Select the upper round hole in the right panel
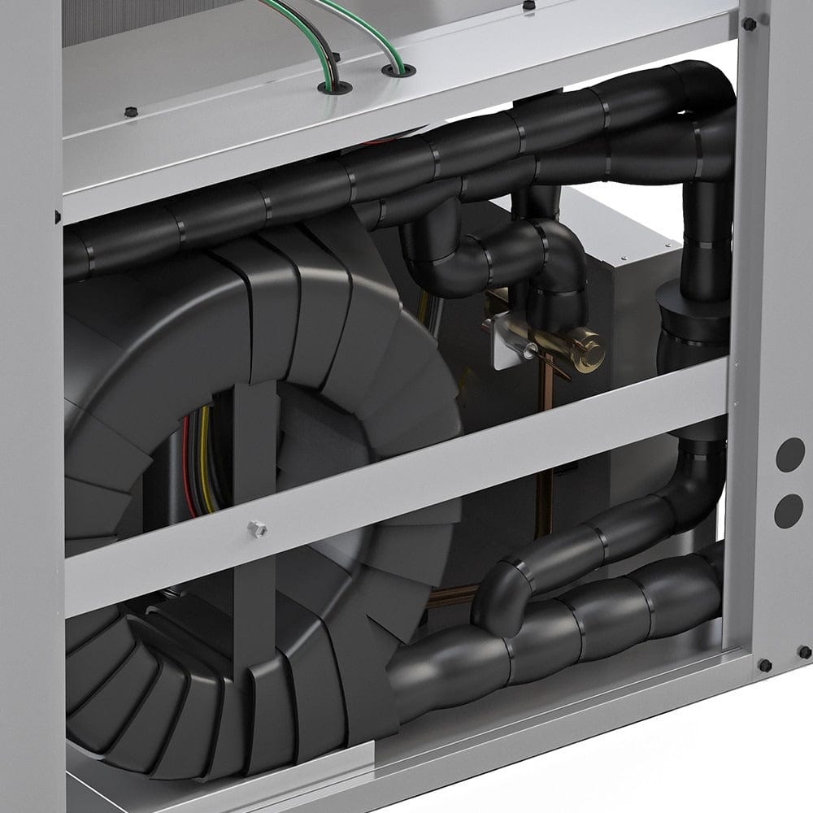click(789, 454)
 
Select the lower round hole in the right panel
click(789, 511)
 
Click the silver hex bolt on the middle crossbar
click(258, 528)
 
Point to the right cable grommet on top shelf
click(396, 70)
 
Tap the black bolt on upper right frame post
click(749, 24)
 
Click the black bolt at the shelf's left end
click(128, 111)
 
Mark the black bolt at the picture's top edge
click(529, 5)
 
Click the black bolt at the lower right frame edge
click(764, 665)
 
